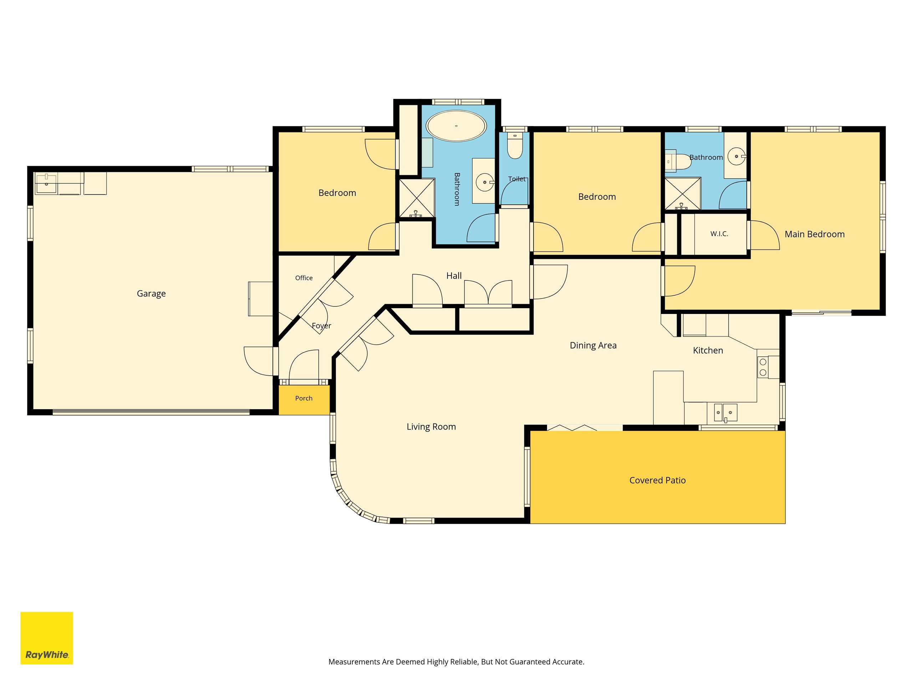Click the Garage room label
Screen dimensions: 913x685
pos(151,294)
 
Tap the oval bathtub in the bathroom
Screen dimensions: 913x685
pos(456,126)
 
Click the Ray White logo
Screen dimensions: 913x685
pos(47,638)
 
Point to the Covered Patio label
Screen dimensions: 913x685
pos(658,480)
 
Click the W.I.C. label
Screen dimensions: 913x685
pos(719,234)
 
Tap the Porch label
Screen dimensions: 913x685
pos(304,399)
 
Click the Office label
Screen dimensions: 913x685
pos(304,278)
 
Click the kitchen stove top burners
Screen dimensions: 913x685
pos(763,367)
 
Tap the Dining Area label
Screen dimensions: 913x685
pos(593,346)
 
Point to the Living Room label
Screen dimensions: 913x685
pos(431,427)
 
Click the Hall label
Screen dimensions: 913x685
pos(454,276)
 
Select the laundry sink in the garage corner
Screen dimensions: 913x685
pos(46,184)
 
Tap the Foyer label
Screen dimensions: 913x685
pos(322,326)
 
